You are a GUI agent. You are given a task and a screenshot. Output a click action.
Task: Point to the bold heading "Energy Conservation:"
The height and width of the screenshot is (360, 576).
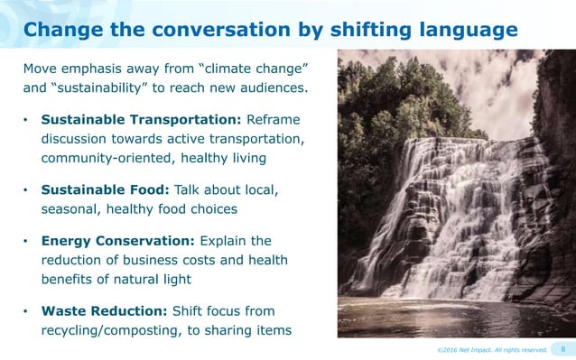117,241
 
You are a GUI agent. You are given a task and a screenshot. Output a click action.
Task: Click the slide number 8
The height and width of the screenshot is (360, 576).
562,348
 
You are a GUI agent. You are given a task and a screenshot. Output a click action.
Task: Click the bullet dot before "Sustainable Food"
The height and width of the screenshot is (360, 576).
27,190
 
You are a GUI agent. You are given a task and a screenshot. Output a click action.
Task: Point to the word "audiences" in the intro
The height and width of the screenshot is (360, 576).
273,88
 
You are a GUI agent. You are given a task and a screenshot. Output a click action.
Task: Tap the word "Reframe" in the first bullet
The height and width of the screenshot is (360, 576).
268,119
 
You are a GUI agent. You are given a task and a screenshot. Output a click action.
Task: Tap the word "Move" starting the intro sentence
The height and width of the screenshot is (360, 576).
42,69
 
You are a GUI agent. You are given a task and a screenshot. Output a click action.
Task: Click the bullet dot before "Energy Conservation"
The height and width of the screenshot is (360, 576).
27,242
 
